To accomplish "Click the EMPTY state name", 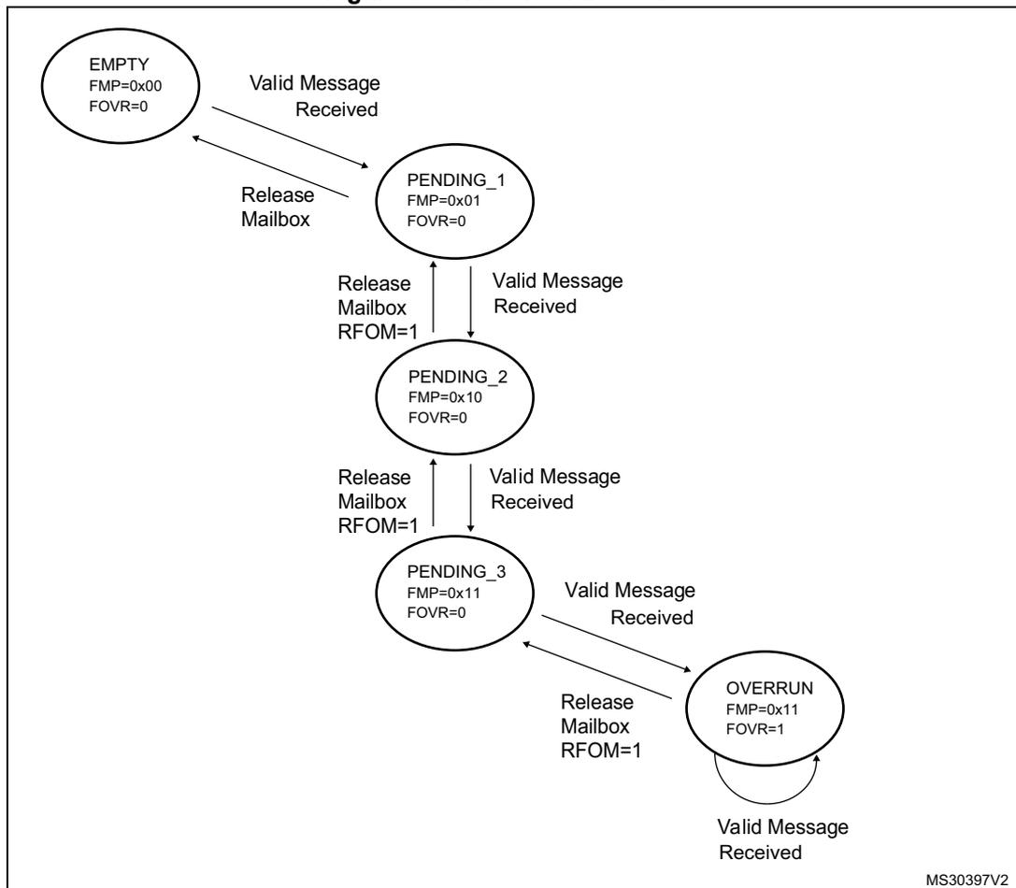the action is [x=119, y=64].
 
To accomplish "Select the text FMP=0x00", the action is [x=125, y=86].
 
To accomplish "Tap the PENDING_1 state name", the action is [x=455, y=180].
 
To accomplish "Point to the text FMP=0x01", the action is [x=443, y=200].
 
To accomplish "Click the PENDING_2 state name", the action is [x=457, y=377].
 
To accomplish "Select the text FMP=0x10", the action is [x=445, y=396].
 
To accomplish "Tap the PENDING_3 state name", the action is [x=456, y=572].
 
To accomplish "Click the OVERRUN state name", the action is [x=769, y=688].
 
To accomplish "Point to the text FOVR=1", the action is [x=755, y=729].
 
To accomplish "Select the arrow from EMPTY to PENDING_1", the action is [x=291, y=138].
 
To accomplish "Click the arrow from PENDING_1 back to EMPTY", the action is [x=271, y=166].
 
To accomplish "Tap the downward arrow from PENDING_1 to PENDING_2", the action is [x=470, y=301].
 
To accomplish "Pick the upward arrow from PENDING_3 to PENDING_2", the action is [x=434, y=493].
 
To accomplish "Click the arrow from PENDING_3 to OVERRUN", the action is [x=616, y=644].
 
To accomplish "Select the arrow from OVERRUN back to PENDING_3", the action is [x=596, y=670].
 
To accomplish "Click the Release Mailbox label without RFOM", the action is [x=278, y=207].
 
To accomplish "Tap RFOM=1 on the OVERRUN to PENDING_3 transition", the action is [x=601, y=751].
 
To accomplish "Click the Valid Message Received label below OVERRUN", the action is [x=782, y=839].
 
